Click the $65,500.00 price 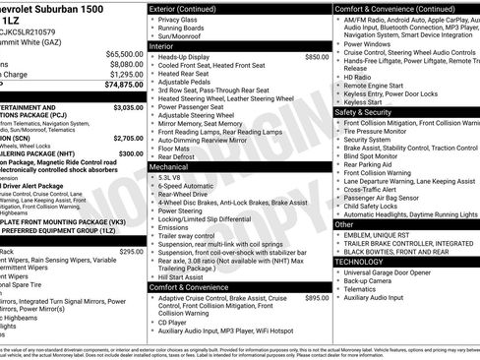pyautogui.click(x=124, y=53)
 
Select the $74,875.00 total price pyautogui.click(x=124, y=85)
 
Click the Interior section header pyautogui.click(x=162, y=45)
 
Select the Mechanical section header pyautogui.click(x=170, y=167)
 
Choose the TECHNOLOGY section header pyautogui.click(x=362, y=262)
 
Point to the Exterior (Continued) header pyautogui.click(x=187, y=8)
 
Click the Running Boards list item pyautogui.click(x=183, y=27)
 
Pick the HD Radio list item pyautogui.click(x=357, y=76)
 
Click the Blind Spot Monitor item pyautogui.click(x=371, y=155)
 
